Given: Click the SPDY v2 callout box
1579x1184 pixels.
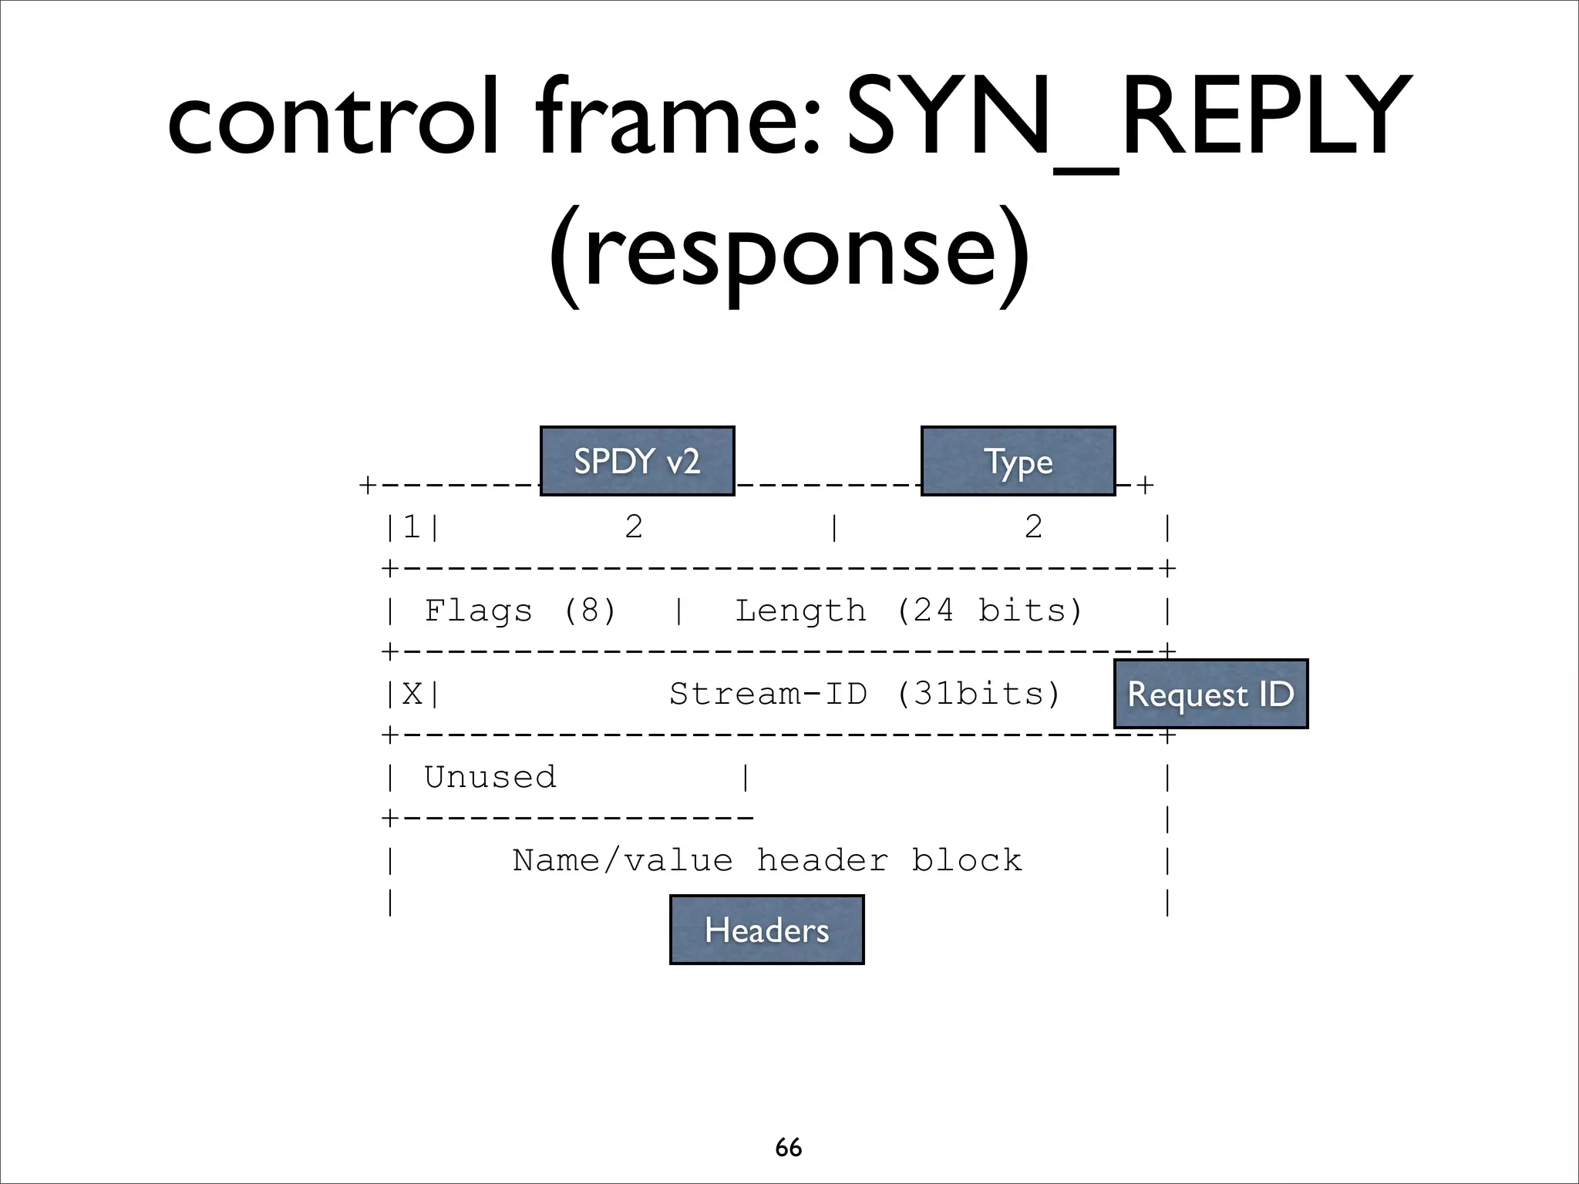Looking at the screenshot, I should click(637, 461).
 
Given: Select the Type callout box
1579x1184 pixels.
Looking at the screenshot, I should click(1018, 461).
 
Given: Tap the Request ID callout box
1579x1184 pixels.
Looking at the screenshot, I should click(1210, 694).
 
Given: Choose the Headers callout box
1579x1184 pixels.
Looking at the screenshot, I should click(766, 930).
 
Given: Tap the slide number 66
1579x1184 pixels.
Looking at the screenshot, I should click(789, 1148).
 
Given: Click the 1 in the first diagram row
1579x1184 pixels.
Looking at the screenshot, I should click(412, 528).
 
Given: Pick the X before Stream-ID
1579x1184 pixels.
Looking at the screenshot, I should click(412, 695).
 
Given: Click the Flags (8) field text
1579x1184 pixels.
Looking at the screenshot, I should click(520, 611).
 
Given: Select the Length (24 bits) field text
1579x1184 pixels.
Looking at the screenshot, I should click(909, 611).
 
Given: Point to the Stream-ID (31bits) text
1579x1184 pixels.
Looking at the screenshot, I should click(864, 695).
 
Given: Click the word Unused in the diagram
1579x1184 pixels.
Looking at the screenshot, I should click(490, 777).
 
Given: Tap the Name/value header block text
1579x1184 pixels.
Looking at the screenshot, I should click(767, 860).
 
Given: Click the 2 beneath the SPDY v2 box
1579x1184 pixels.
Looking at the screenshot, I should click(634, 528).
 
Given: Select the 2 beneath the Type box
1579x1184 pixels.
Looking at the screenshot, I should click(1033, 528).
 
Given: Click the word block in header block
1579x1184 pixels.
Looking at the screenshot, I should click(967, 860).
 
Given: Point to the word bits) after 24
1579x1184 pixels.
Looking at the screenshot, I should click(1031, 611).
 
